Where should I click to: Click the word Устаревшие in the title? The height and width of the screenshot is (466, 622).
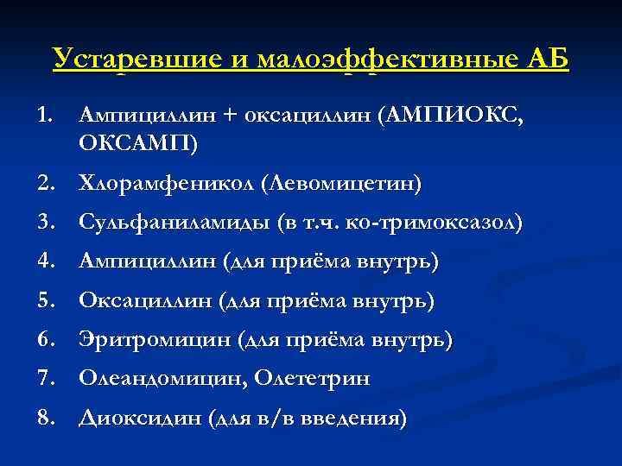[x=119, y=60]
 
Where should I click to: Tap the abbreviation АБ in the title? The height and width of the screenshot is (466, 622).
[x=547, y=60]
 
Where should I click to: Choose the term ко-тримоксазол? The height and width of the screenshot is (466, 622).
[x=432, y=222]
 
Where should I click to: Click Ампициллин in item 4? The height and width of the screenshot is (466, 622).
[x=143, y=261]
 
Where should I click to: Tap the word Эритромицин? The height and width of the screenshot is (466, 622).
[x=150, y=340]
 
